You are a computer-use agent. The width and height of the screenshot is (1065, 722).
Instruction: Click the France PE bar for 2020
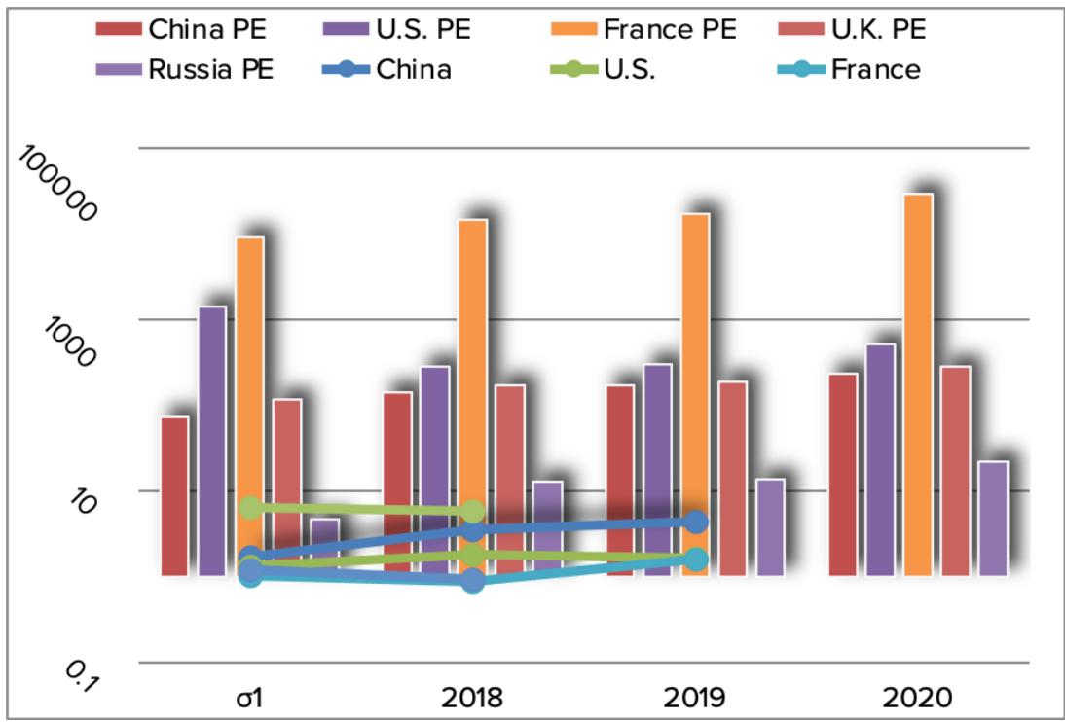coord(918,384)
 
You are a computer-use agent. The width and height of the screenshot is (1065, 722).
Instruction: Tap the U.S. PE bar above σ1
coord(212,441)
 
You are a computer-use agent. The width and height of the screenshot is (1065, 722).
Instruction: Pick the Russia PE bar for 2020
coord(992,519)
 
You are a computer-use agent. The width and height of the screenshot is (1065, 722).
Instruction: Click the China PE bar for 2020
coord(843,475)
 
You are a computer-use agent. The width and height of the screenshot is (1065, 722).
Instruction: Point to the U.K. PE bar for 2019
coord(732,479)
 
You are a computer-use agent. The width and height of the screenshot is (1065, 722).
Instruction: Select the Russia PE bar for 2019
coord(770,527)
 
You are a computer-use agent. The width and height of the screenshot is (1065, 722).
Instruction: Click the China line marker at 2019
coord(695,523)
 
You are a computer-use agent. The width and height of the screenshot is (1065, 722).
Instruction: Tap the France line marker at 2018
coord(473,581)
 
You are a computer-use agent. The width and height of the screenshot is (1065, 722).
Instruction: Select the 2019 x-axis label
coord(694,698)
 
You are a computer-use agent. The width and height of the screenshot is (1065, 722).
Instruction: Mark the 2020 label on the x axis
coord(917,698)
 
